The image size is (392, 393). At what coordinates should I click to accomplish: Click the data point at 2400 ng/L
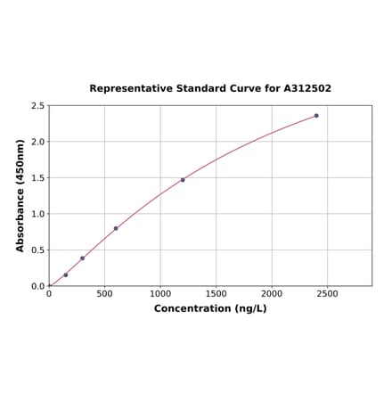(316, 116)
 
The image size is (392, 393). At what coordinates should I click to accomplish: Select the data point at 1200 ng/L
(183, 180)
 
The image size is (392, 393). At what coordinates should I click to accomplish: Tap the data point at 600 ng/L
(116, 228)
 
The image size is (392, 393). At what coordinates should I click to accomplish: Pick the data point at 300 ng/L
(83, 258)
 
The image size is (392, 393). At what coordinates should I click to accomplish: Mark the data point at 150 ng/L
(66, 274)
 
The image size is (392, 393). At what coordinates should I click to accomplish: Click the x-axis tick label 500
(104, 293)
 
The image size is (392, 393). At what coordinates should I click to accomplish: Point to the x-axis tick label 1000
(160, 293)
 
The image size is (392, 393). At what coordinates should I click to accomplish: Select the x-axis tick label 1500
(216, 293)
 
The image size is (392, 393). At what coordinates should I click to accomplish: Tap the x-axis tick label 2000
(272, 293)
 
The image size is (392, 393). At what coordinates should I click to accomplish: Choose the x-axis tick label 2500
(327, 293)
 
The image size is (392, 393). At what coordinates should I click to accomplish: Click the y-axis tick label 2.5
(38, 106)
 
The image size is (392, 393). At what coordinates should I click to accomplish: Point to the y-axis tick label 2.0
(38, 142)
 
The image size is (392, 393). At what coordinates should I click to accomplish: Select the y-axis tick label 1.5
(38, 178)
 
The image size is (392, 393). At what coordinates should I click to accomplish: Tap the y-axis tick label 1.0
(38, 214)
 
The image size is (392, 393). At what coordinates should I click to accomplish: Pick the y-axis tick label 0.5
(38, 250)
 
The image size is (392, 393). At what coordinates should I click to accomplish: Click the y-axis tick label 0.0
(38, 286)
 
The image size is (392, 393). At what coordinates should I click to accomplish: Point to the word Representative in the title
(130, 89)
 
